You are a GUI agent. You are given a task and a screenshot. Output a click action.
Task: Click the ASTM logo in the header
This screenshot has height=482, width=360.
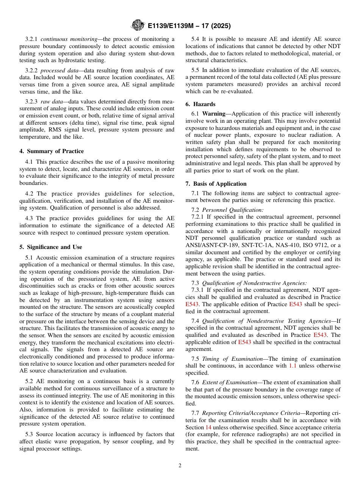pos(138,25)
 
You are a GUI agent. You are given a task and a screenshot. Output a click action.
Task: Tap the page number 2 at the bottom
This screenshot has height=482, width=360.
pos(180,466)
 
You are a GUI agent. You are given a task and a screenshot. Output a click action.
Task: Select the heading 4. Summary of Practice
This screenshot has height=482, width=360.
pos(52,151)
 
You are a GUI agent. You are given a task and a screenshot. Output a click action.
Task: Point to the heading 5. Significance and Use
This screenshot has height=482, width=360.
pos(51,247)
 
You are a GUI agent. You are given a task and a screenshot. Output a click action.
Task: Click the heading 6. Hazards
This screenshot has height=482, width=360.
pos(200,104)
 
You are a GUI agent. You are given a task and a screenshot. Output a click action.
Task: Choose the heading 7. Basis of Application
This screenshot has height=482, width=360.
pos(216,184)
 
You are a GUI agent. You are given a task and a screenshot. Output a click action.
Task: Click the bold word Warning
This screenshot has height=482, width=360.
pos(214,114)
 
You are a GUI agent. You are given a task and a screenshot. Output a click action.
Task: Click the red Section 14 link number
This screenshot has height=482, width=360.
pos(208,427)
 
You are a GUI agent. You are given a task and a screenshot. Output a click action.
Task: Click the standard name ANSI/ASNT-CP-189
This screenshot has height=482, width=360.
pos(209,246)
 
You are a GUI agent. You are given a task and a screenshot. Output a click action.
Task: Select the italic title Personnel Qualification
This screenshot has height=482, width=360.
pos(233,210)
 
